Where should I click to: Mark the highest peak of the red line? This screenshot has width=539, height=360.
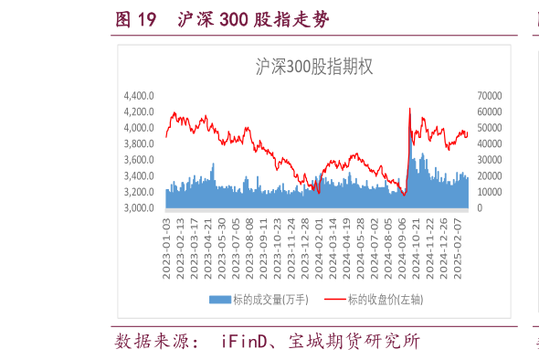[x=408, y=109]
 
